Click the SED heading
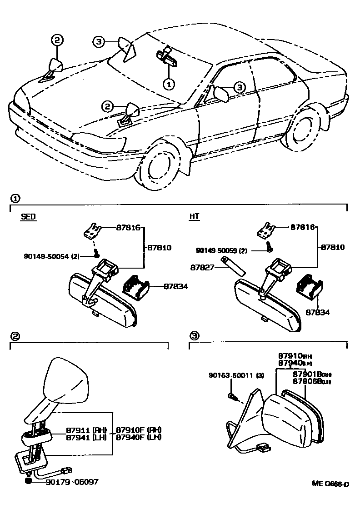click(28, 217)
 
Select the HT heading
click(194, 217)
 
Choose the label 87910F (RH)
click(138, 430)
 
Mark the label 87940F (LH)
click(138, 437)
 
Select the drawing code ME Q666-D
click(330, 484)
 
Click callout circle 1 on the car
click(169, 84)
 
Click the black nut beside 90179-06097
click(29, 481)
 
